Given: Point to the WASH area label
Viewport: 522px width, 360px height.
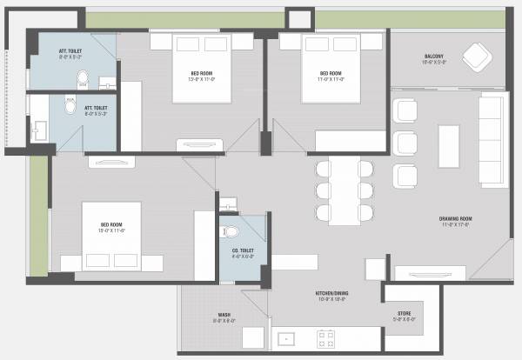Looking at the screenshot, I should point(224,315).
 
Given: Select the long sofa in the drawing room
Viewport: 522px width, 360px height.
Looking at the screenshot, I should point(494,140).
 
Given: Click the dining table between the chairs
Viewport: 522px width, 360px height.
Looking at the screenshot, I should point(345,188).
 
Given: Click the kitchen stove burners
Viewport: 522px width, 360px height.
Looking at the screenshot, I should point(327,337).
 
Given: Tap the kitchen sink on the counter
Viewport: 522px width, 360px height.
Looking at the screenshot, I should point(284,337).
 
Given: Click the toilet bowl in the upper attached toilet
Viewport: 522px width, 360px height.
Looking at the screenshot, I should point(82,80).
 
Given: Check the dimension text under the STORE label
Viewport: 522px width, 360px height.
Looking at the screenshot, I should point(405,319).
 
